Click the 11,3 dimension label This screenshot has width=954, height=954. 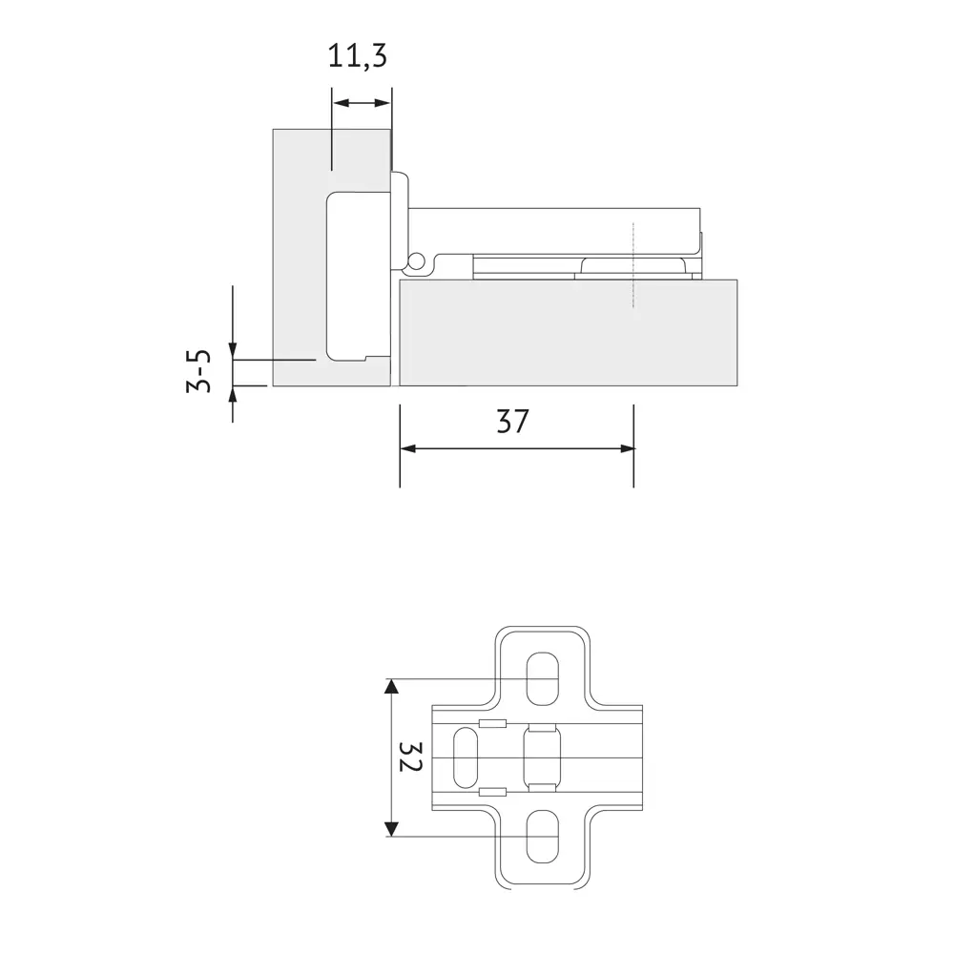point(357,56)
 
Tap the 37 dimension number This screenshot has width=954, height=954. point(513,421)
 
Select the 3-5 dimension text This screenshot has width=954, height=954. point(199,370)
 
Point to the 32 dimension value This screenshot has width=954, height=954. point(410,757)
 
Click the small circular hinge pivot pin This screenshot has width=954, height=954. point(416,260)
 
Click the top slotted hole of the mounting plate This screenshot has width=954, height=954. point(542,679)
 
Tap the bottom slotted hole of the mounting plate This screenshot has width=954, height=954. point(542,836)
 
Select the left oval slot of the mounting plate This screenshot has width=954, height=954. point(467,757)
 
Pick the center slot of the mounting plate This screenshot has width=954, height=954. point(542,758)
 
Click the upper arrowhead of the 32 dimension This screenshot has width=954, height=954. point(392,686)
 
